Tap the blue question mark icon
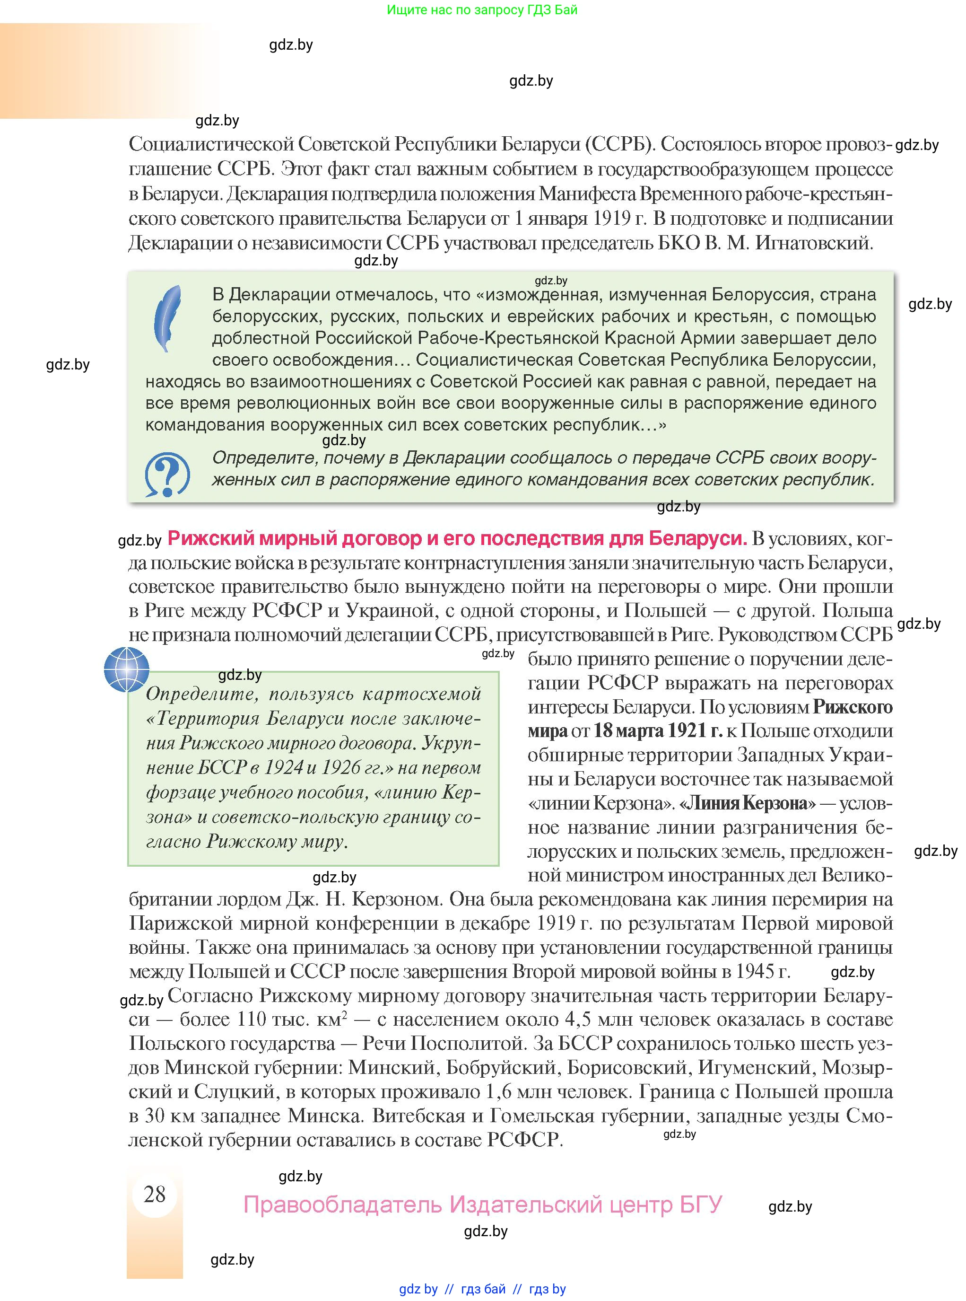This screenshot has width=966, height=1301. coord(167,474)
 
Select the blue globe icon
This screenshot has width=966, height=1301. coord(127,669)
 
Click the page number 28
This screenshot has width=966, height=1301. coord(154,1194)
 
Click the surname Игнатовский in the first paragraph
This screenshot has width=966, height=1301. coord(813,243)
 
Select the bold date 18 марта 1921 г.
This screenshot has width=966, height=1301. coord(659,730)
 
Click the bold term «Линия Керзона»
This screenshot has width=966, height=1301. coord(747,803)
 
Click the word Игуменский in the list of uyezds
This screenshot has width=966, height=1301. coord(756,1068)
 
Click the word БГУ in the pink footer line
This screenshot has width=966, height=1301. coord(701,1204)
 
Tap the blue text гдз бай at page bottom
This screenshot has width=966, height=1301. coord(483,1289)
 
